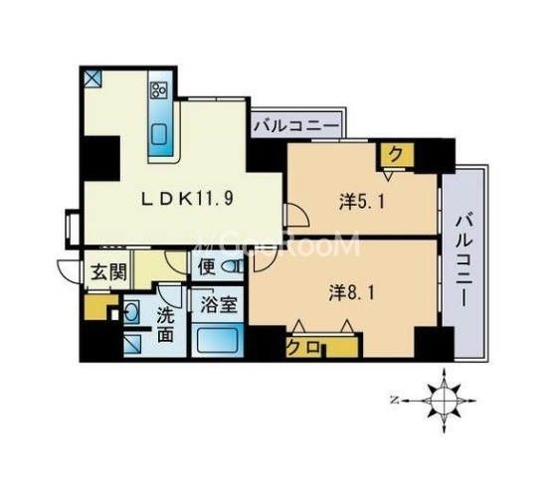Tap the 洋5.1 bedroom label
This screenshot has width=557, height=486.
pyautogui.click(x=360, y=201)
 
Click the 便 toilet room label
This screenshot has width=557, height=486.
pyautogui.click(x=206, y=266)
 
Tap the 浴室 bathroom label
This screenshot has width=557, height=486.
pyautogui.click(x=217, y=305)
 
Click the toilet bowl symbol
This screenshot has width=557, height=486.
pyautogui.click(x=235, y=266)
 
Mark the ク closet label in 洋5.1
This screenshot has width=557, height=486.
pyautogui.click(x=395, y=154)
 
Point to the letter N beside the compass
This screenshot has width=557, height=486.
pyautogui.click(x=396, y=402)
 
